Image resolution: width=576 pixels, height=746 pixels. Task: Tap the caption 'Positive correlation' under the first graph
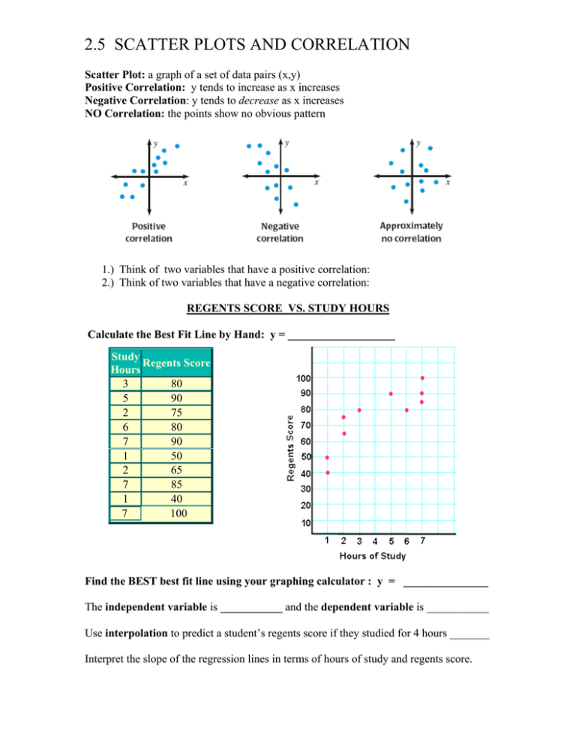click(148, 231)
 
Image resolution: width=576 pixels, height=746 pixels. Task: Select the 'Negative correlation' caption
click(280, 232)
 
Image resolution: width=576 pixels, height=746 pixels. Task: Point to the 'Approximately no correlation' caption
click(411, 231)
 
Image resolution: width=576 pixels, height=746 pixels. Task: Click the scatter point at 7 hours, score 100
click(422, 378)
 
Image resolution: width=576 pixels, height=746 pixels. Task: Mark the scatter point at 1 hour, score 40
click(327, 473)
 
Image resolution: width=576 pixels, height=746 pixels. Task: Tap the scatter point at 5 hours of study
click(391, 394)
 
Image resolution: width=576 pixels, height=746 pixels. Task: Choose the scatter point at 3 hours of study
click(359, 410)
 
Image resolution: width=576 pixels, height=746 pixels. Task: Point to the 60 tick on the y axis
click(306, 442)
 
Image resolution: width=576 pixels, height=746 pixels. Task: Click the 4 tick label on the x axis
click(375, 541)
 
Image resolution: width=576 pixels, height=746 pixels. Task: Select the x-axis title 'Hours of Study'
click(373, 556)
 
